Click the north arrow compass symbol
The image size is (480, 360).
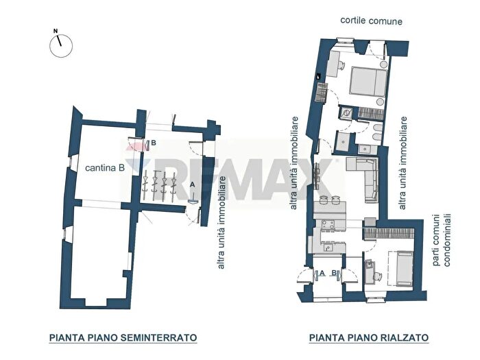click(x=60, y=44)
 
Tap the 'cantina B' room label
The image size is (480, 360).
click(x=104, y=167)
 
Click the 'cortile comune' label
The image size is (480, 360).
click(x=371, y=21)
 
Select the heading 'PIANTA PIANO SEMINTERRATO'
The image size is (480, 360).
click(x=123, y=337)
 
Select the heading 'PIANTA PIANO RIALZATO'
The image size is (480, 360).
click(x=369, y=337)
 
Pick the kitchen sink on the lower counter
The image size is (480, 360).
click(x=325, y=245)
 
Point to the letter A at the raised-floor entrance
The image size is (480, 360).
click(x=321, y=273)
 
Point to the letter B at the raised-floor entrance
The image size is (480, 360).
click(x=334, y=273)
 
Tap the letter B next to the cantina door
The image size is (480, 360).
click(x=154, y=143)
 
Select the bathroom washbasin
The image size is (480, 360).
click(x=346, y=114)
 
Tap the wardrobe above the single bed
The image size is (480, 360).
click(x=389, y=232)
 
